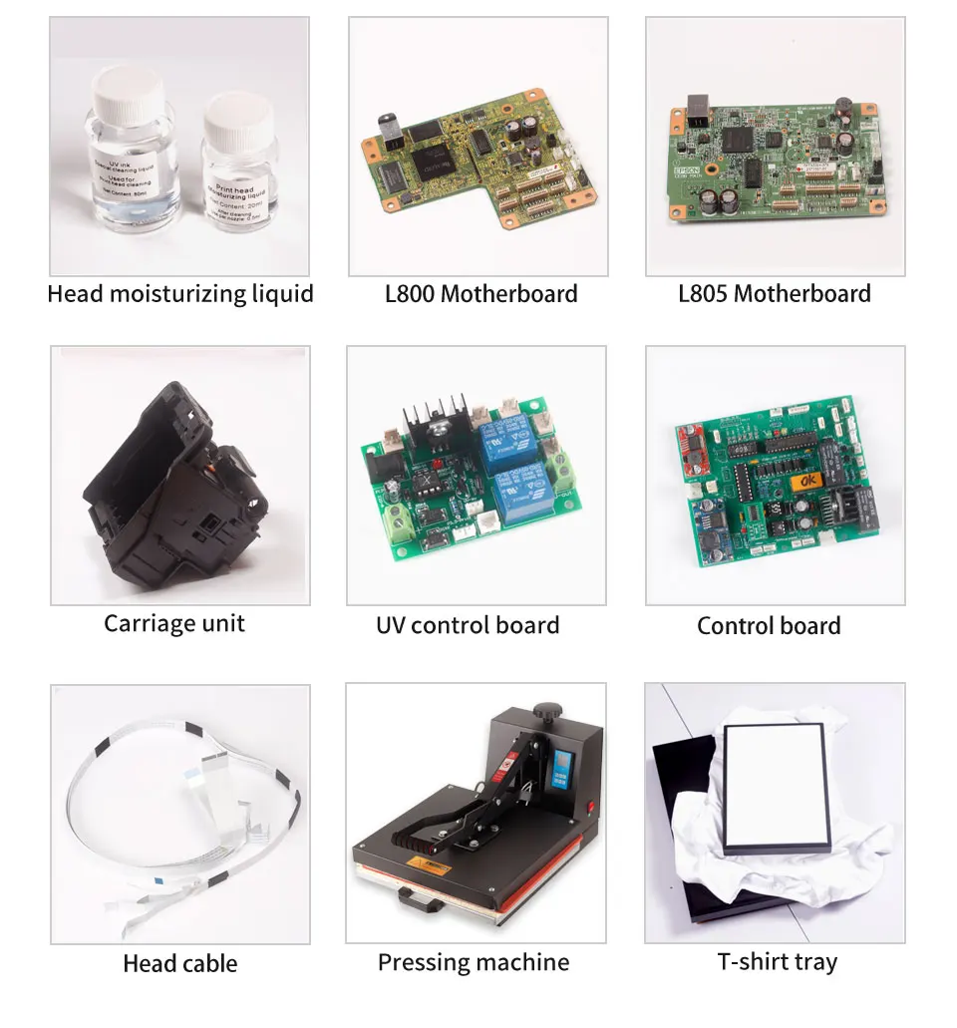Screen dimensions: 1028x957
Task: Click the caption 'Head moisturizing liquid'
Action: pos(180,294)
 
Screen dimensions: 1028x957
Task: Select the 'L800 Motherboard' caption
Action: pos(480,294)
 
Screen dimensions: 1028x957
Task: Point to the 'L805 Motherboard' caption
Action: pos(775,294)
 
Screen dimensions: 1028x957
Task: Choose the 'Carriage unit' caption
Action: pos(174,624)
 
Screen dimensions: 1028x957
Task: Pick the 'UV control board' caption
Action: pos(468,626)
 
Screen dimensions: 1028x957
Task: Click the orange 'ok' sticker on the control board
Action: pos(805,482)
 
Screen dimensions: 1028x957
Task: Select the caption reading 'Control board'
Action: pos(769,626)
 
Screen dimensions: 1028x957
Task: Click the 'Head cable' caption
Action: pos(180,963)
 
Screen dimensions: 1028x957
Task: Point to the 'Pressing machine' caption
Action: pos(474,963)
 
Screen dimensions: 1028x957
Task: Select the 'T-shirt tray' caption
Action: pos(778,963)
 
